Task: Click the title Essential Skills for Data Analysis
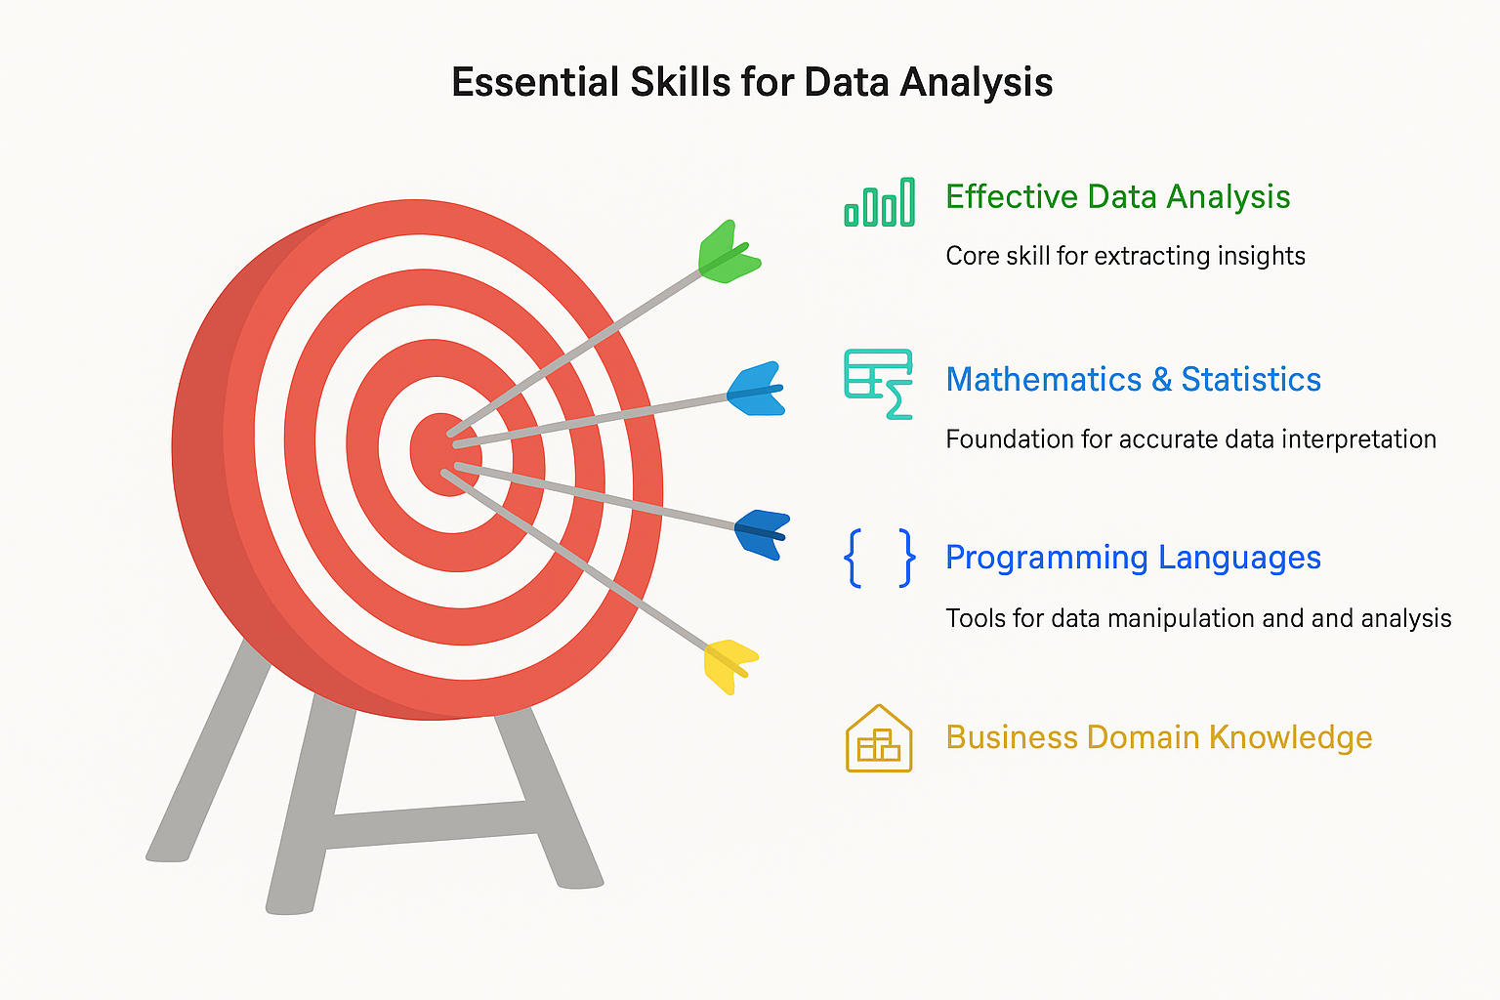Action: point(752,82)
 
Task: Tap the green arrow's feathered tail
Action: point(729,254)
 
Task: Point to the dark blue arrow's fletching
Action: point(762,532)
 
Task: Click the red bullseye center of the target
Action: point(444,454)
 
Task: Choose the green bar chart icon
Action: point(880,203)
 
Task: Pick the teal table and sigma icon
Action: point(879,384)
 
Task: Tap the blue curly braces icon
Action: point(879,558)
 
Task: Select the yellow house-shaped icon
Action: point(879,739)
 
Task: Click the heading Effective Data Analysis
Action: point(1117,197)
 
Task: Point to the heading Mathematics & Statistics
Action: point(1133,379)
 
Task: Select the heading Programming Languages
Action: point(1133,558)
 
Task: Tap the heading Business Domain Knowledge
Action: point(1158,737)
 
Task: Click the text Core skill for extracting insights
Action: point(1125,256)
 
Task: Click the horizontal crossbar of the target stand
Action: point(430,825)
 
